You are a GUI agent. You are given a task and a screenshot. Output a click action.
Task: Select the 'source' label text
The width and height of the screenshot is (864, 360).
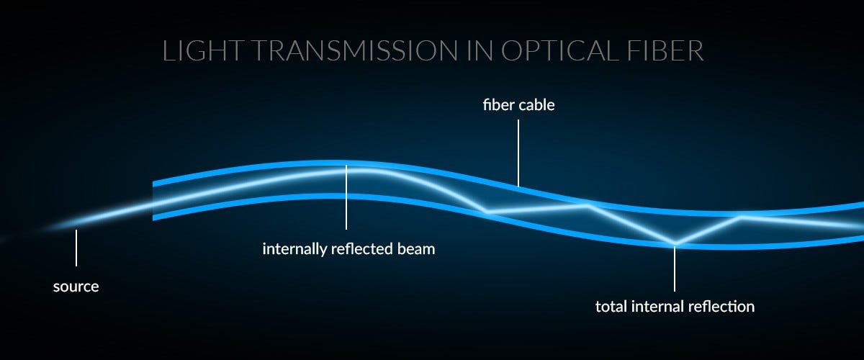coord(76,287)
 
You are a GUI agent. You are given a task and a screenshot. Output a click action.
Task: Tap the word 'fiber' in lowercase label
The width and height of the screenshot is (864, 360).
coord(498,105)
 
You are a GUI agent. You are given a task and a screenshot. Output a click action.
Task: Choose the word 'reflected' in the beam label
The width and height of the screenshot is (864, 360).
coord(361,250)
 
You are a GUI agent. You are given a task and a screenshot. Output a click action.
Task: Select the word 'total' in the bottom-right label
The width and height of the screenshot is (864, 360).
coord(611,307)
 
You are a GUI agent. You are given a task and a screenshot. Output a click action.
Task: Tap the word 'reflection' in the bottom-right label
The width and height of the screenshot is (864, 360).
coord(721,307)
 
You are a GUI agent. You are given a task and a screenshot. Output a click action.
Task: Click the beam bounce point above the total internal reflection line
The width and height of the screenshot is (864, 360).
coord(675,243)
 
